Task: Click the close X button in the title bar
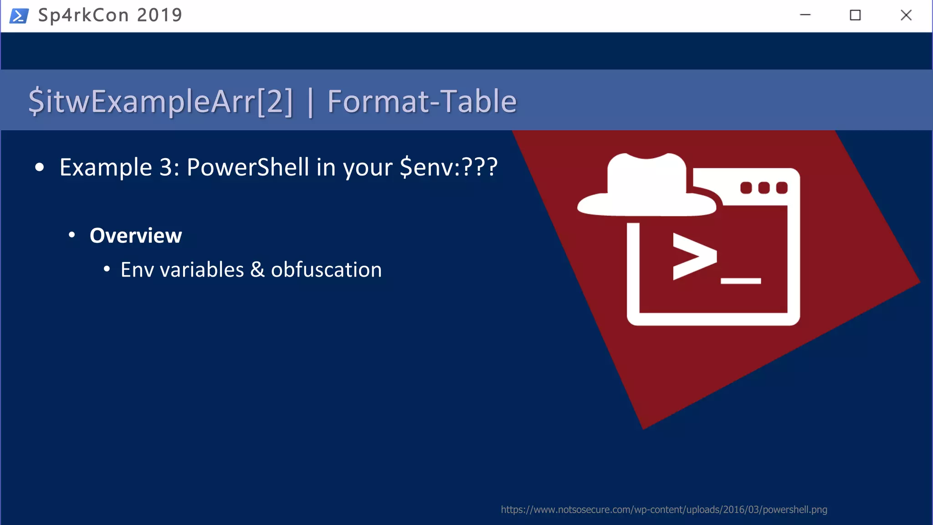tap(906, 15)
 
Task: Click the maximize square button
tap(855, 15)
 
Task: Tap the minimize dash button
tap(805, 15)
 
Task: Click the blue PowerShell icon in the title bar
tap(19, 16)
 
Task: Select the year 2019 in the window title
tap(159, 15)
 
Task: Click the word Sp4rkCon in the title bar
tap(83, 15)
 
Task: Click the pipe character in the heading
tap(310, 102)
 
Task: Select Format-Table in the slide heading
tap(422, 101)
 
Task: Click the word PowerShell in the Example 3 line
tap(248, 167)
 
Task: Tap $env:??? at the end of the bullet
tap(448, 167)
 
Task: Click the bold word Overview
tap(136, 236)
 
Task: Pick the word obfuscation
tap(326, 269)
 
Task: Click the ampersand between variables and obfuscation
tap(257, 269)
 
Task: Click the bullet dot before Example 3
tap(40, 168)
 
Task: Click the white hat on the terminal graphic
tap(647, 187)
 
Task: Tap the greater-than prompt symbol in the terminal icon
tap(694, 256)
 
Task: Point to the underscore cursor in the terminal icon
tap(741, 281)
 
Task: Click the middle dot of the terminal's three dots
tap(764, 188)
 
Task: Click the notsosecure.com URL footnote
tap(664, 510)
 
